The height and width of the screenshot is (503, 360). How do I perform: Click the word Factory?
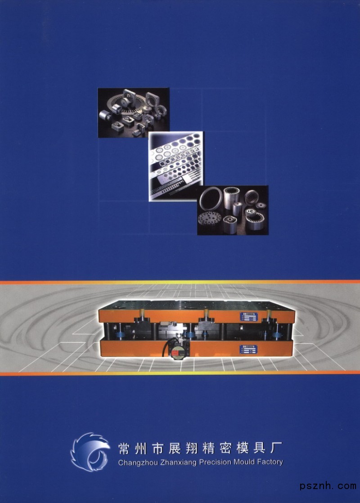(270, 462)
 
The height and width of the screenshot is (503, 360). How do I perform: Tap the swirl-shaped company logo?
(90, 452)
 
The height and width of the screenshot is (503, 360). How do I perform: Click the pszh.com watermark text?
(328, 485)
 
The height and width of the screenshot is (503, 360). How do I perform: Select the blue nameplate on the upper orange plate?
(249, 316)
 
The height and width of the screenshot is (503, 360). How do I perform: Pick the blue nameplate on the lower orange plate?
(249, 349)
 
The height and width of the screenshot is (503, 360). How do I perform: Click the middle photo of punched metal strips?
(176, 166)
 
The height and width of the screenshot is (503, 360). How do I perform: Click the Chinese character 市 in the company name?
(158, 448)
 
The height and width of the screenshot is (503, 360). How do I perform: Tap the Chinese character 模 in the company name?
(242, 448)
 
